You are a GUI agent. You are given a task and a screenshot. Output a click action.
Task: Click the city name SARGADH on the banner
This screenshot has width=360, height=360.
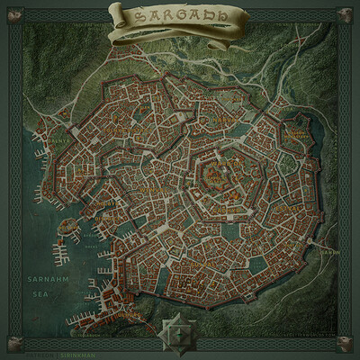tap(179, 17)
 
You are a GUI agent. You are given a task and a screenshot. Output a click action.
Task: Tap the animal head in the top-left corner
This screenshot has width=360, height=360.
tap(14, 14)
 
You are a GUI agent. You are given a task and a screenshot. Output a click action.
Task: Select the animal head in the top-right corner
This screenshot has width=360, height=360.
tap(345, 14)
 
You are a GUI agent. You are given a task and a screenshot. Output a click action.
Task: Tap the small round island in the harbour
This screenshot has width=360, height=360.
tap(64, 229)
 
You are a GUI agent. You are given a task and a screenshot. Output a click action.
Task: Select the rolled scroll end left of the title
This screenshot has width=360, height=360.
tap(115, 12)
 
